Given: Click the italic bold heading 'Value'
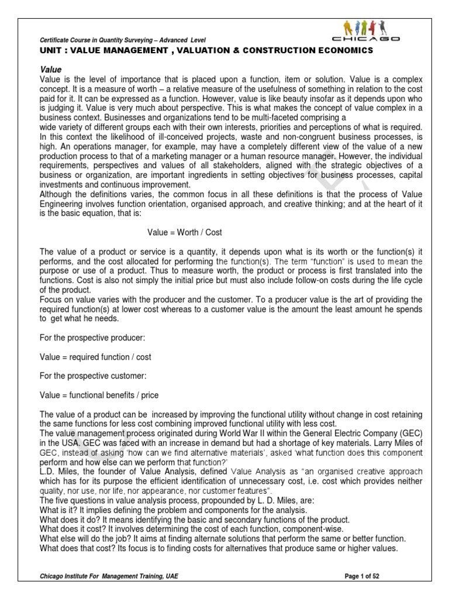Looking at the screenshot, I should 51,69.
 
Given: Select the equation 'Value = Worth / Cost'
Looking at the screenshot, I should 184,232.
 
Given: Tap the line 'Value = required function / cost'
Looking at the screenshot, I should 95,357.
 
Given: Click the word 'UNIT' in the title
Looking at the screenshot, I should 50,51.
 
